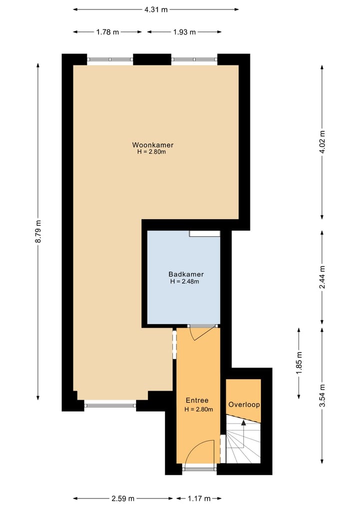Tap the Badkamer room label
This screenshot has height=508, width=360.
[x=186, y=274]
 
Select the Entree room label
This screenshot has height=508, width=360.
[x=197, y=400]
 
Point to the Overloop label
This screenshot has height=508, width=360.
[x=244, y=404]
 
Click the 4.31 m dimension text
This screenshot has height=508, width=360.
[x=155, y=9]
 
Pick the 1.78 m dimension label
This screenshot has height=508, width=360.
[x=107, y=32]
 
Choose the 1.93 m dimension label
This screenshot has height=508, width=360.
[x=184, y=32]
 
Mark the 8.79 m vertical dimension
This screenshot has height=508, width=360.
[x=38, y=232]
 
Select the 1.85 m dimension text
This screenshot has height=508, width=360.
[x=299, y=363]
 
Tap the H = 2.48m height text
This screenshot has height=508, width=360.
[x=184, y=282]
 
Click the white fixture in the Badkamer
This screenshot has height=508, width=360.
[x=204, y=234]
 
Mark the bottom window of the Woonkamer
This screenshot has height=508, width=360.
[x=110, y=405]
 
